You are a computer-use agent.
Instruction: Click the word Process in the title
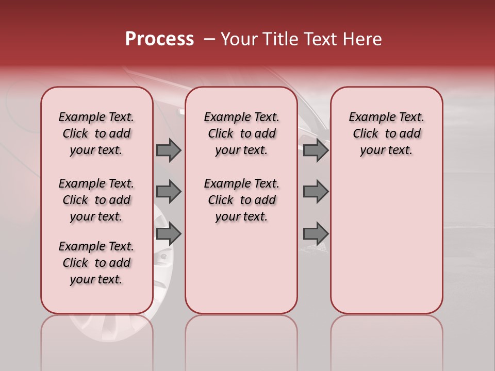pyautogui.click(x=159, y=39)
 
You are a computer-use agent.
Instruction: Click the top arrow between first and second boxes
pyautogui.click(x=169, y=150)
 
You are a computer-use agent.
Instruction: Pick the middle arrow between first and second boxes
pyautogui.click(x=169, y=192)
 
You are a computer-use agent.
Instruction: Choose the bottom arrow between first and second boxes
pyautogui.click(x=169, y=233)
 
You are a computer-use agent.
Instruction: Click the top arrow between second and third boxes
pyautogui.click(x=316, y=150)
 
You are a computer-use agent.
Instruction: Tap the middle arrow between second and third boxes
pyautogui.click(x=316, y=192)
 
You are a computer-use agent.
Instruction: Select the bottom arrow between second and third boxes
pyautogui.click(x=316, y=233)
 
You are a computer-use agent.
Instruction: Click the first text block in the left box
pyautogui.click(x=96, y=133)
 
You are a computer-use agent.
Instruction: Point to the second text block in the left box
pyautogui.click(x=96, y=200)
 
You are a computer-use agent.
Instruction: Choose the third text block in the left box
pyautogui.click(x=96, y=263)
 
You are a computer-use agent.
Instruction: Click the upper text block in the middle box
pyautogui.click(x=241, y=133)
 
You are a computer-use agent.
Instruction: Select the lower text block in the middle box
pyautogui.click(x=241, y=200)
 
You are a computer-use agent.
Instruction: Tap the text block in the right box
pyautogui.click(x=386, y=133)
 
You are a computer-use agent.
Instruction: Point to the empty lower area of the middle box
pyautogui.click(x=241, y=268)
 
